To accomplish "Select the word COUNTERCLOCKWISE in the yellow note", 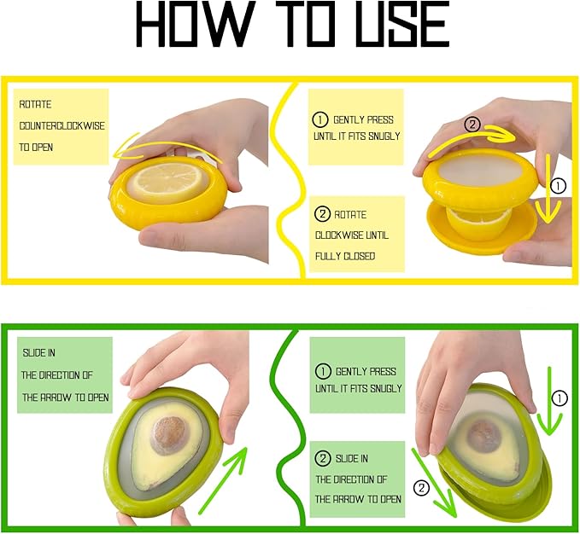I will coord(62,125).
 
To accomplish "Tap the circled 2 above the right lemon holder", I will coord(471,125).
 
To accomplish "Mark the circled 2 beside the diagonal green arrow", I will coord(420,488).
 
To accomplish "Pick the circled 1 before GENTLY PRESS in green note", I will coord(324,372).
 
